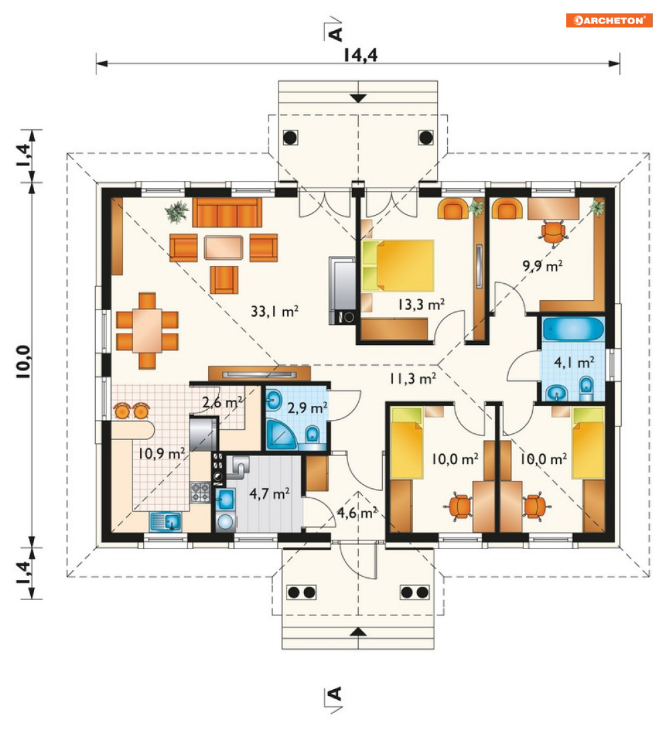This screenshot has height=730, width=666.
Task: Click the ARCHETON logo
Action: pyautogui.click(x=608, y=21)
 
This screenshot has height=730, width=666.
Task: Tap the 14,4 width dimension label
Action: pyautogui.click(x=361, y=55)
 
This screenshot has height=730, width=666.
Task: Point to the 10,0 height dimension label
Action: pyautogui.click(x=23, y=362)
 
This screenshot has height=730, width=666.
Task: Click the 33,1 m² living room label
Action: pyautogui.click(x=274, y=311)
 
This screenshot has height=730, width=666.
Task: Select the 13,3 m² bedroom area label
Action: pyautogui.click(x=421, y=305)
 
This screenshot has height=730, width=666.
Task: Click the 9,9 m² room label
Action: pyautogui.click(x=542, y=266)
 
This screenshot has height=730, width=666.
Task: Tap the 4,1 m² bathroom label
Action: pyautogui.click(x=574, y=362)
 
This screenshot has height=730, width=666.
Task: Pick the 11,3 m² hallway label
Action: pyautogui.click(x=413, y=378)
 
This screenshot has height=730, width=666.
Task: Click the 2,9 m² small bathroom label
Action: pyautogui.click(x=307, y=408)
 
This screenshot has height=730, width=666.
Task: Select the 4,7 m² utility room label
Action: pyautogui.click(x=270, y=494)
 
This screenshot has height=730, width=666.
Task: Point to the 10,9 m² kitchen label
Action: pyautogui.click(x=161, y=453)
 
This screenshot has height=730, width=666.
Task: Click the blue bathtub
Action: pyautogui.click(x=573, y=330)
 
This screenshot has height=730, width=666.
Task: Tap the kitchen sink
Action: pyautogui.click(x=166, y=522)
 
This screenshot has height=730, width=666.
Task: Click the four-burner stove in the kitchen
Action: pyautogui.click(x=200, y=492)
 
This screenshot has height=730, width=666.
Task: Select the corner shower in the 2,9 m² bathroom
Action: pyautogui.click(x=281, y=435)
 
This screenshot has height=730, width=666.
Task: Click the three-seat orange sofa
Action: pyautogui.click(x=227, y=212)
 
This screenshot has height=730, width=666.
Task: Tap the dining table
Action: pyautogui.click(x=147, y=331)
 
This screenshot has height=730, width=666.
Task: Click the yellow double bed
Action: pyautogui.click(x=398, y=265)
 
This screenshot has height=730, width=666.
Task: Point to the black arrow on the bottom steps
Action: pyautogui.click(x=358, y=632)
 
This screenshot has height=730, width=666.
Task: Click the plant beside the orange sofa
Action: pyautogui.click(x=177, y=212)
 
